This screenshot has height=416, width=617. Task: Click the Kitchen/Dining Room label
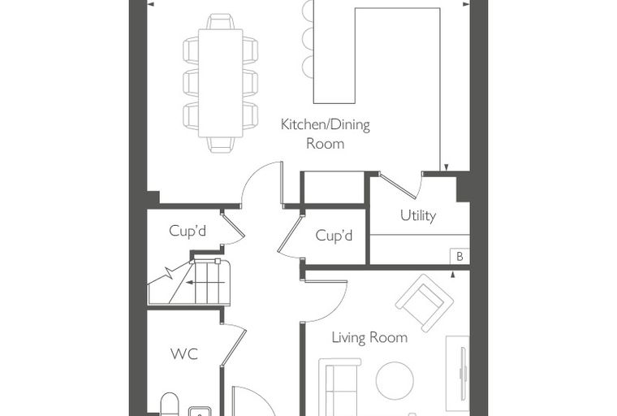[326, 134]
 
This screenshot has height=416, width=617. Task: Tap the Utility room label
[418, 215]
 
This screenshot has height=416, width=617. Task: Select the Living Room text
[369, 338]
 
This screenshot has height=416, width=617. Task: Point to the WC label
[184, 353]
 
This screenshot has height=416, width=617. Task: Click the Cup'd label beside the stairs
[188, 231]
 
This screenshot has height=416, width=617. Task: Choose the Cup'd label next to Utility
[334, 236]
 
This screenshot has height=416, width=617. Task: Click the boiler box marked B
[460, 257]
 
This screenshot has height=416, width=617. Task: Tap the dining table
[220, 83]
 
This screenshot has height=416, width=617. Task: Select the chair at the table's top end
[220, 21]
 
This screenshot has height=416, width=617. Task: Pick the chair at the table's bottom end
[221, 145]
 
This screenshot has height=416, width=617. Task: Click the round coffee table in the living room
[395, 380]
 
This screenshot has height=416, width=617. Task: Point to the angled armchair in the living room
[425, 303]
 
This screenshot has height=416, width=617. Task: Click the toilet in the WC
[170, 404]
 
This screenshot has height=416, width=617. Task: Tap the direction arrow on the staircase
[205, 282]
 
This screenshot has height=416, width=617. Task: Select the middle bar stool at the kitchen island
[308, 38]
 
